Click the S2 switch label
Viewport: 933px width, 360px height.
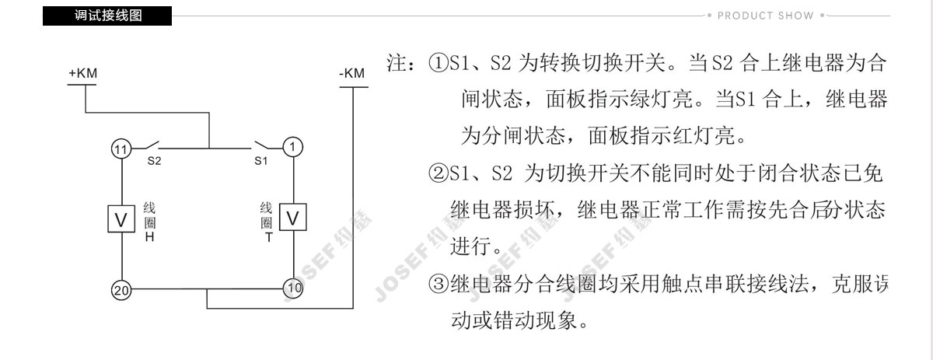tap(154, 161)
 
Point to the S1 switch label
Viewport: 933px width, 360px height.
tap(260, 161)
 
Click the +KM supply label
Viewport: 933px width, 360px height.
tap(83, 73)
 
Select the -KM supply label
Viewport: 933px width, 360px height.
tap(352, 73)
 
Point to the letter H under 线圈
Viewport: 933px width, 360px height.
tap(149, 237)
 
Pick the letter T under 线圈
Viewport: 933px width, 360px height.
tap(269, 237)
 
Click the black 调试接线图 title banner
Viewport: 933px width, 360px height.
tap(107, 16)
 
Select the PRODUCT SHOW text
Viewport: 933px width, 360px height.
tap(765, 16)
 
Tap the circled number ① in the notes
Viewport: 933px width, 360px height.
tap(439, 63)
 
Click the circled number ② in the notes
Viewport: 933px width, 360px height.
tap(439, 173)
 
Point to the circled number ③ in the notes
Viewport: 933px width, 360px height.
tap(439, 284)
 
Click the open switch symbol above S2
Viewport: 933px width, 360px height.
tap(152, 145)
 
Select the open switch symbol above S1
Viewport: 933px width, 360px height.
tap(262, 145)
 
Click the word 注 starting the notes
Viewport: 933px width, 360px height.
tap(397, 63)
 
